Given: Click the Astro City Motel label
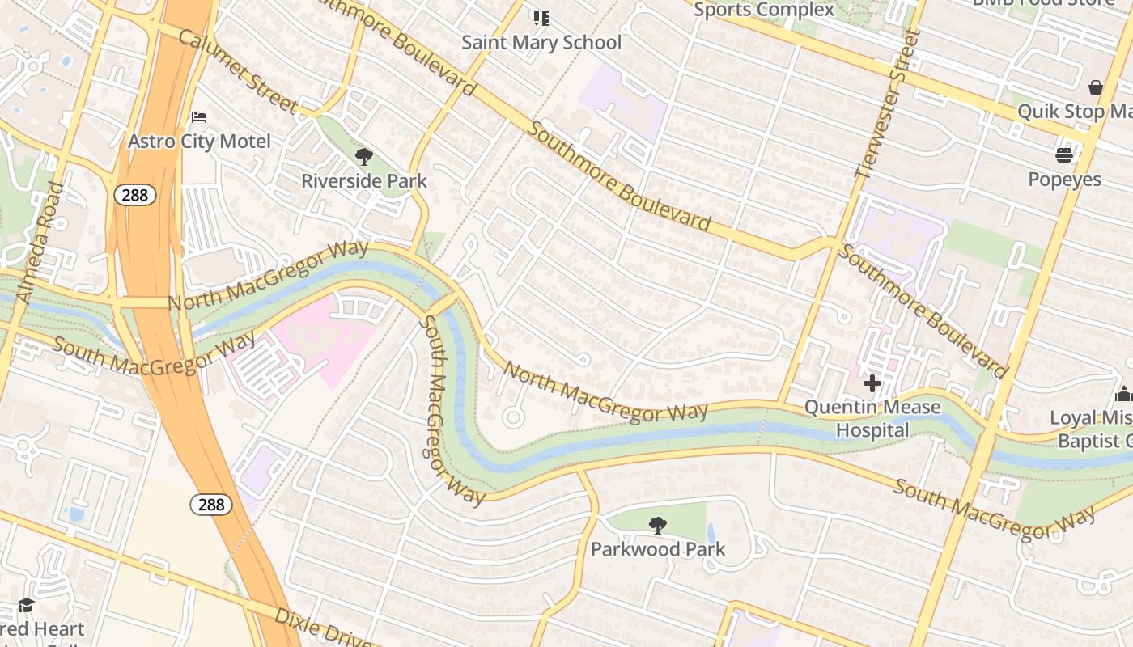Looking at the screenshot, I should (x=199, y=142).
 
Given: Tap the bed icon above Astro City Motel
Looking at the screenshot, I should (x=199, y=117).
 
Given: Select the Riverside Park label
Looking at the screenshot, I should (x=364, y=180).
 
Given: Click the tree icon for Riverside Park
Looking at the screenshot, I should (x=364, y=156).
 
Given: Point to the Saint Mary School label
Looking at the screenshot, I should (x=541, y=42).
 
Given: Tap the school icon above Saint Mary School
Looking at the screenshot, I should (x=541, y=18).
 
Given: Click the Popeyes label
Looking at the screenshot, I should (x=1064, y=179).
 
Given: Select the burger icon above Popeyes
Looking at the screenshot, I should (x=1064, y=154).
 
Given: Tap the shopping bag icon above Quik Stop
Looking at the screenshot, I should (x=1096, y=87).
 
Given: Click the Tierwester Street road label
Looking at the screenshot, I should (x=889, y=104).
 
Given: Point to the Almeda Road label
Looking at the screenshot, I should (x=40, y=243).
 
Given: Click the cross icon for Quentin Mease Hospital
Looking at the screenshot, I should (x=872, y=383).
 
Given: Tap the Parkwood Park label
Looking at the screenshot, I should (x=658, y=549).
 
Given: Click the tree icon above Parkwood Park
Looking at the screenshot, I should (x=658, y=525).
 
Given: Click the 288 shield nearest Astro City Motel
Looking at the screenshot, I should (x=134, y=194).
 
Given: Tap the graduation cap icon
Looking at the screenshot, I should (x=27, y=606).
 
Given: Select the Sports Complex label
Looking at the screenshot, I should (x=764, y=10).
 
